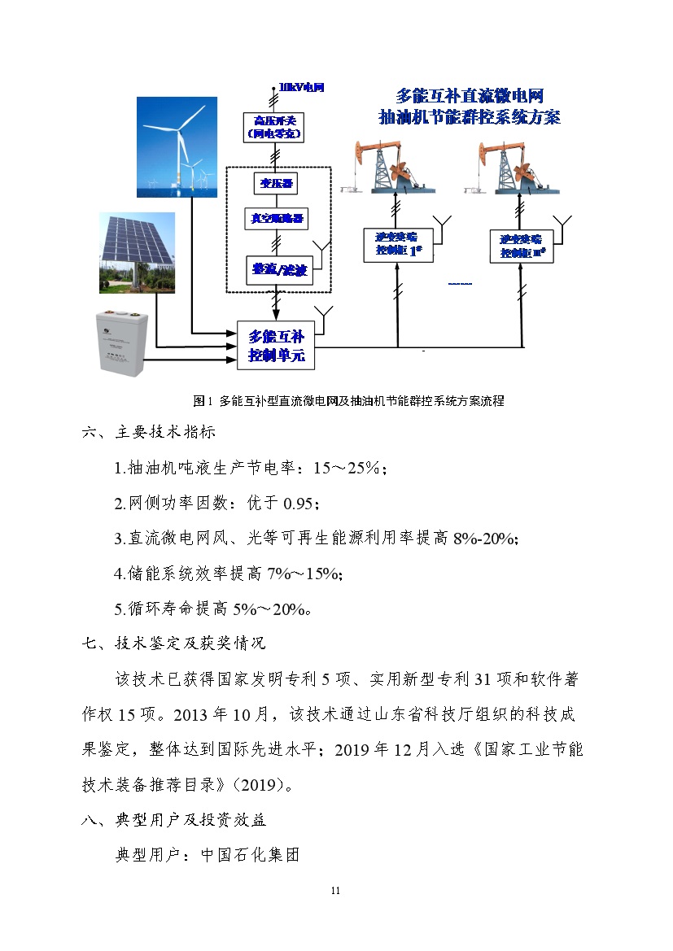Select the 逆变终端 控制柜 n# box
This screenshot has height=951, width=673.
click(x=522, y=246)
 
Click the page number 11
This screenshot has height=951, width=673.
click(x=335, y=891)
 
